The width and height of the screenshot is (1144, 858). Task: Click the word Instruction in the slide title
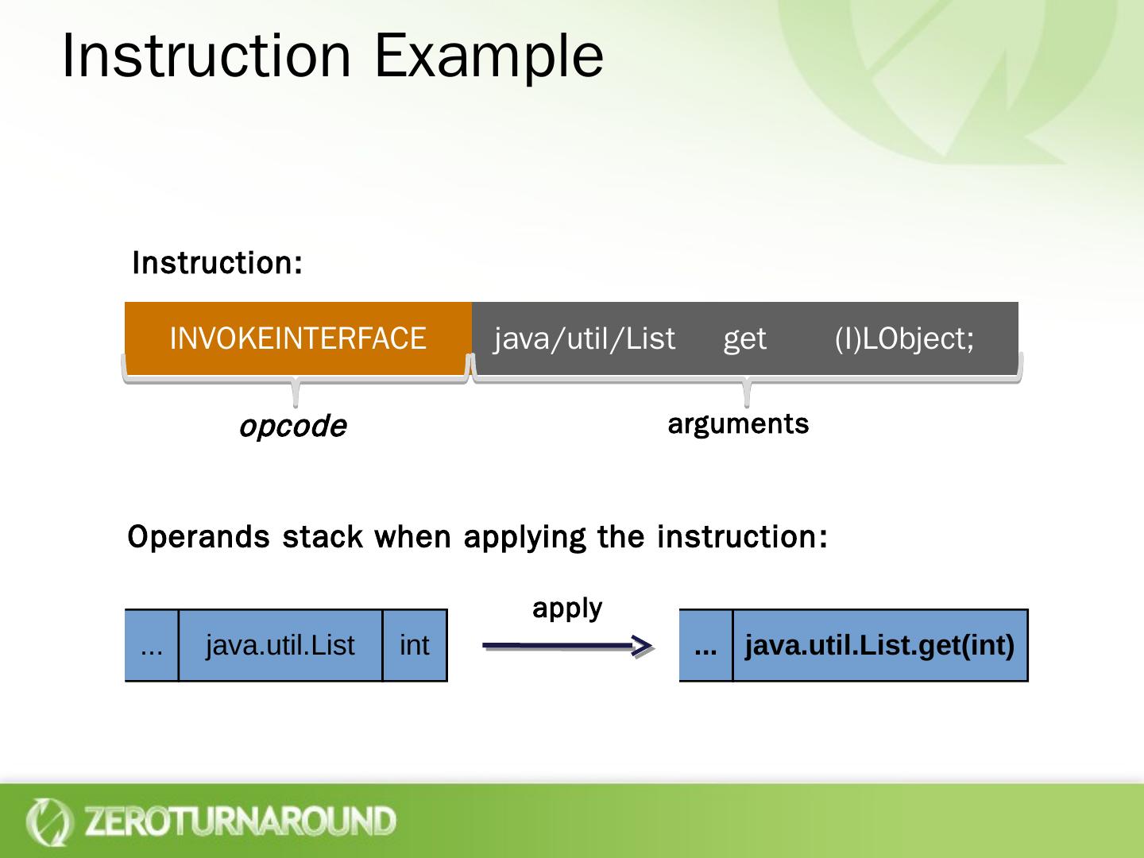[x=206, y=56]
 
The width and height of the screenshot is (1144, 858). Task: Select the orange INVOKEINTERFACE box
[x=298, y=338]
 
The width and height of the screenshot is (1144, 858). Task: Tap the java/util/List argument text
[x=585, y=339]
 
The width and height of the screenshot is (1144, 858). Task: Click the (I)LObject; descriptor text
[x=904, y=339]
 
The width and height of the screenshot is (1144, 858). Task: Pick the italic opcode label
[x=293, y=427]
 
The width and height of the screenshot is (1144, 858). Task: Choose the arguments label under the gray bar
[x=738, y=424]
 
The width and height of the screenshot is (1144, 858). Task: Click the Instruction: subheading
[x=217, y=263]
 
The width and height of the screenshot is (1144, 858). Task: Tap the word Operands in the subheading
[x=199, y=538]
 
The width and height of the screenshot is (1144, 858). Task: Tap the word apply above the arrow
[x=567, y=609]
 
